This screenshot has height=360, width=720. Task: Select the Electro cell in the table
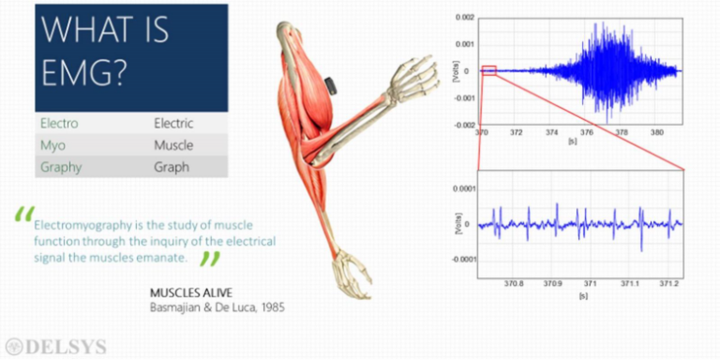coord(59,123)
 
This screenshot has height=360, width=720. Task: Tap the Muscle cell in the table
coord(173,145)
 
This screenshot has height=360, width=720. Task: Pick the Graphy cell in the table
coord(61,168)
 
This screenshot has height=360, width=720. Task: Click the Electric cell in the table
coord(173,123)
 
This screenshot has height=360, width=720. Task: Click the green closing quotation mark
coord(212,259)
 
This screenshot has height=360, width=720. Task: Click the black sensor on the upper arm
coord(331,87)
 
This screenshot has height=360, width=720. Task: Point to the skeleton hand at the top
coord(412,75)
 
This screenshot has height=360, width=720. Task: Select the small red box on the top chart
coord(489,71)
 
